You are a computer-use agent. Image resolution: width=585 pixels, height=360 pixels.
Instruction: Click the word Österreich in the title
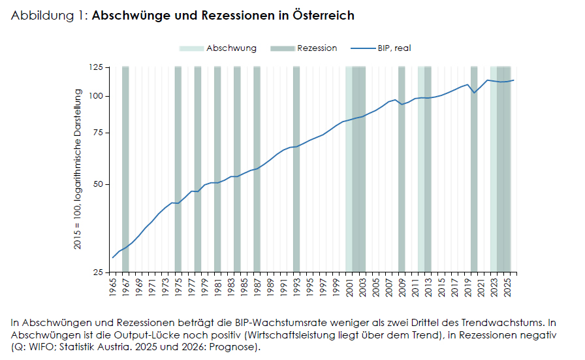coord(325,15)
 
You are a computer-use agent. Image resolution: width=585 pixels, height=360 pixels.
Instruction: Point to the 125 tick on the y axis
coord(97,67)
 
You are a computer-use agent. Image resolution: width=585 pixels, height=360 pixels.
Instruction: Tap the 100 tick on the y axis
coord(97,96)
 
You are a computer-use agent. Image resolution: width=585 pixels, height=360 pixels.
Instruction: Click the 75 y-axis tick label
coord(99,133)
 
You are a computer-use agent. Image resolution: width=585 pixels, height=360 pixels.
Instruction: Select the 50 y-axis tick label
coord(99,184)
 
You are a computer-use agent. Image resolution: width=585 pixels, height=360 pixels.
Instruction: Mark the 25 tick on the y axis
coord(99,272)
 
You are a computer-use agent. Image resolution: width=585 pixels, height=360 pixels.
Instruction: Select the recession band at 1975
coord(178,170)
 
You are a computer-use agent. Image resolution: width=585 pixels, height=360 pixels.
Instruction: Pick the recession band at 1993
coord(296,170)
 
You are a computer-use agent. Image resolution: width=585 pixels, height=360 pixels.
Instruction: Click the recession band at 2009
coord(402,170)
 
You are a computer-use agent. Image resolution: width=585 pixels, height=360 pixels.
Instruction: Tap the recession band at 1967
coord(125,170)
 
